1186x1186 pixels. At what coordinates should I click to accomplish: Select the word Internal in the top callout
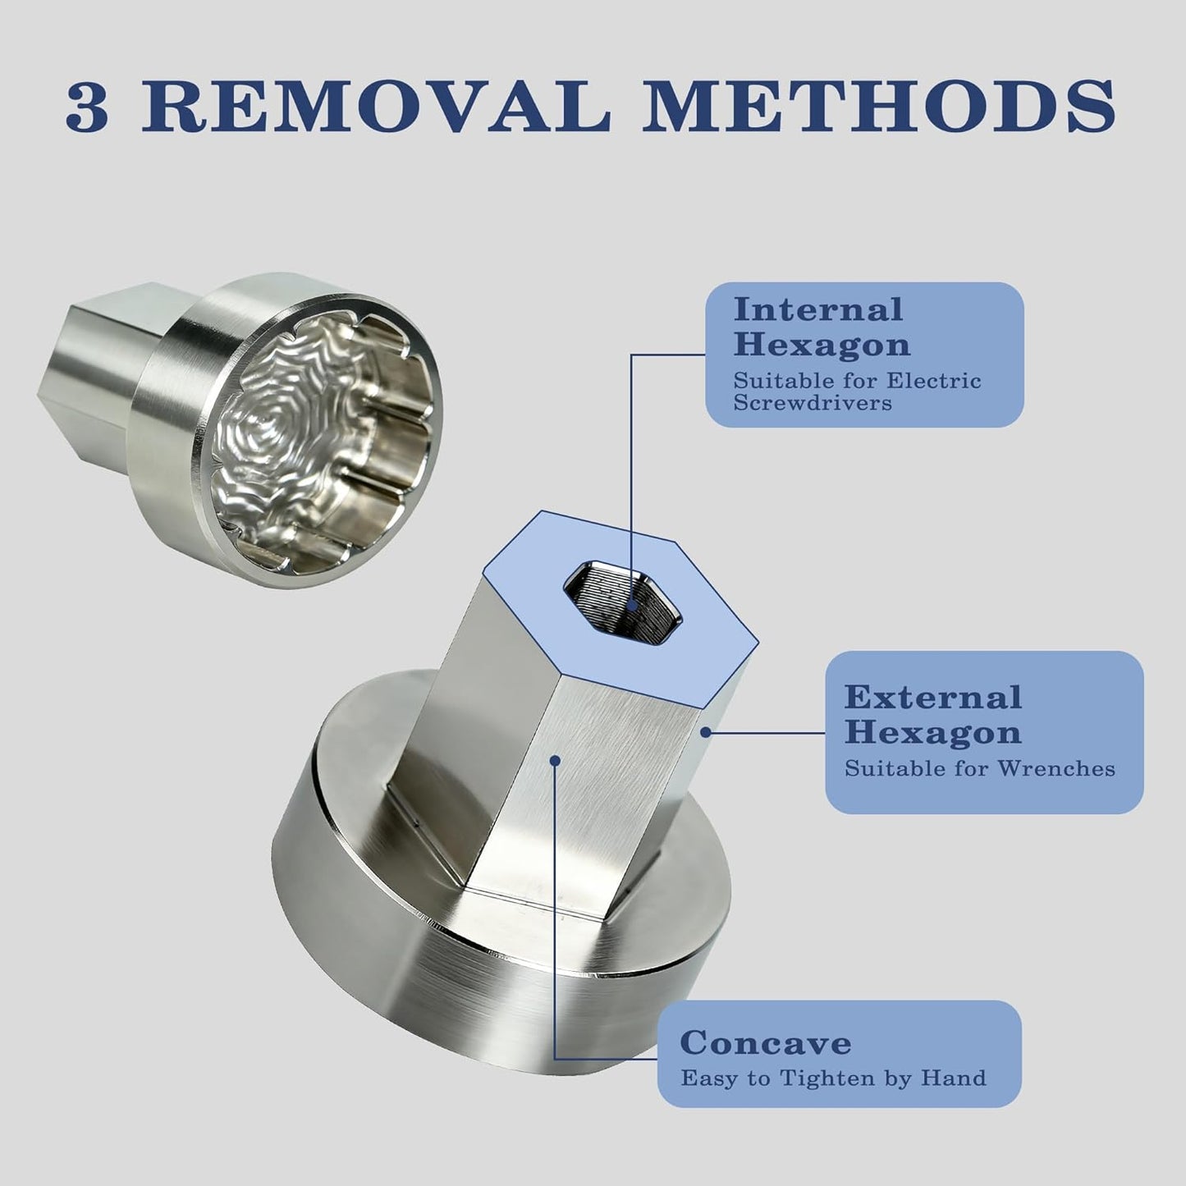[x=818, y=309]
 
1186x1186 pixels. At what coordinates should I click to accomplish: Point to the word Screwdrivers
[x=813, y=403]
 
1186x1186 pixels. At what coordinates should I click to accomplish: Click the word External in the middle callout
[x=933, y=698]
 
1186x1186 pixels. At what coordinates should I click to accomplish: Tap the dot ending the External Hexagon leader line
[x=706, y=732]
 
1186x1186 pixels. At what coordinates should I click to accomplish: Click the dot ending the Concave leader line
[x=555, y=761]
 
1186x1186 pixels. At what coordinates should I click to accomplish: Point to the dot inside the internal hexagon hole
[x=631, y=606]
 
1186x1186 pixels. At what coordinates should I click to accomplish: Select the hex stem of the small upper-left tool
[x=92, y=375]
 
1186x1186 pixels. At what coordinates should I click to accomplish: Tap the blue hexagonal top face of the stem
[x=620, y=607]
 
